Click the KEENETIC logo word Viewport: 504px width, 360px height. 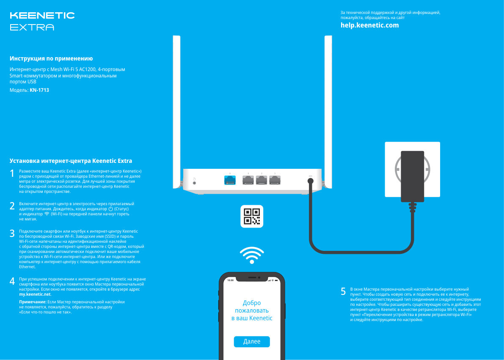(x=42, y=16)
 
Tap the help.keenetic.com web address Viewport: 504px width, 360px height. (x=369, y=25)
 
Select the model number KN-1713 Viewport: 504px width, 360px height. (x=39, y=90)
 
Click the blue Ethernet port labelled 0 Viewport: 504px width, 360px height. (x=230, y=180)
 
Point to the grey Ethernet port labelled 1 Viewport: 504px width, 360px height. (x=248, y=180)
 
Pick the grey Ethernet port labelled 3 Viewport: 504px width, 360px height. (x=275, y=180)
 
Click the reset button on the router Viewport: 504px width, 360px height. (x=194, y=182)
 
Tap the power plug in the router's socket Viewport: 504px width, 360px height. (x=310, y=181)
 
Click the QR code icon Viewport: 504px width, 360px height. (x=252, y=216)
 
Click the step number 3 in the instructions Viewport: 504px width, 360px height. (x=12, y=233)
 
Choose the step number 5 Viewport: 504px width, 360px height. (x=344, y=291)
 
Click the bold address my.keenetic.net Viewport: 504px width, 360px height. (x=35, y=294)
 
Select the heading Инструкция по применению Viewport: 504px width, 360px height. (x=51, y=58)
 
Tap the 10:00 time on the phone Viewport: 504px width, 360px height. (x=230, y=280)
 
